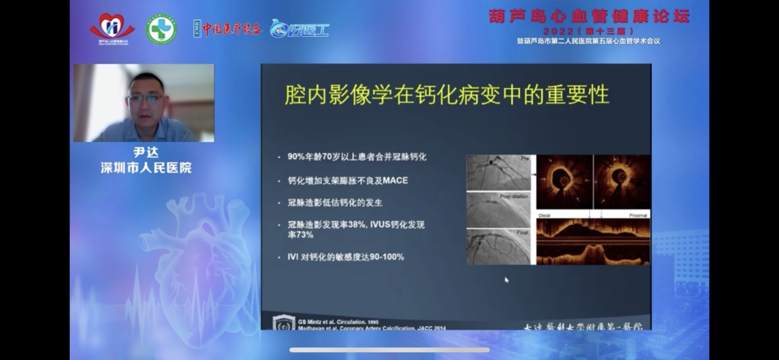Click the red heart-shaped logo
(112, 27)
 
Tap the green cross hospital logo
(161, 30)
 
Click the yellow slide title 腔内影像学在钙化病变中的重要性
(446, 95)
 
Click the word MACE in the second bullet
(395, 180)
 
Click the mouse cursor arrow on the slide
(506, 279)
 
